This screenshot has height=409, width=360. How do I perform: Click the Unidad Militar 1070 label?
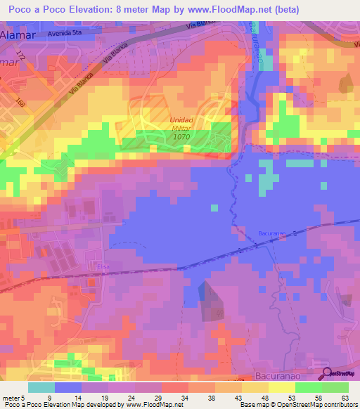[x=181, y=129]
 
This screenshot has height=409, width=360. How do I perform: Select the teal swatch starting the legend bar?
[x=41, y=387]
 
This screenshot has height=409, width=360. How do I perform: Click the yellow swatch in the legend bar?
[x=281, y=387]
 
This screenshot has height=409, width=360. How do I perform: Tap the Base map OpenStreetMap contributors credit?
[x=297, y=405]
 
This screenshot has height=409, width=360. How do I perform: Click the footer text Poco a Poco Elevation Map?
[x=35, y=405]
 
